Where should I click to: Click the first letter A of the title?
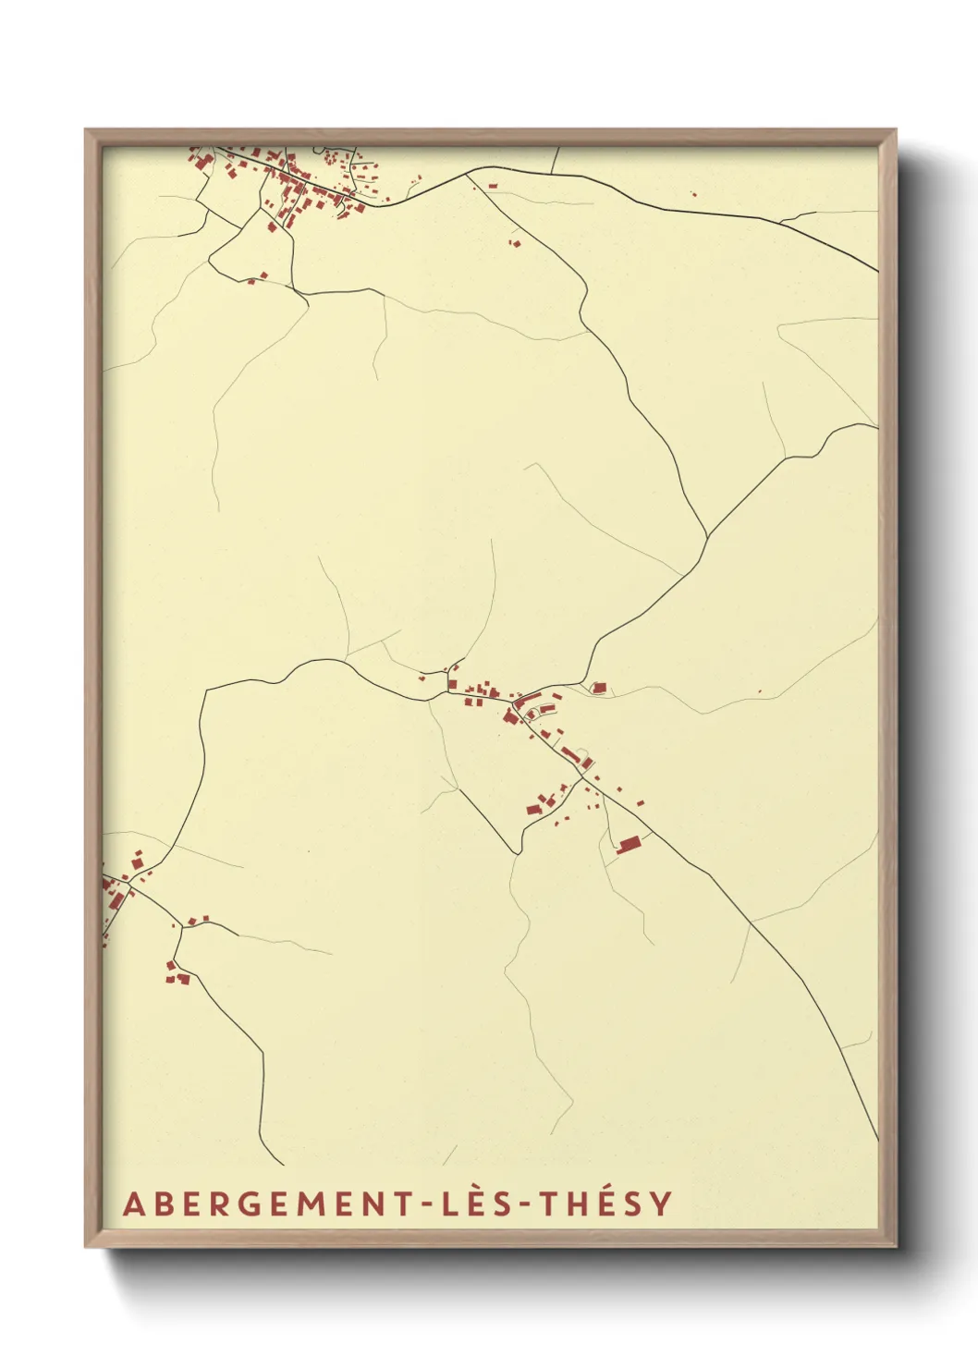pos(133,1204)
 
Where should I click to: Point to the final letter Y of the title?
pos(660,1204)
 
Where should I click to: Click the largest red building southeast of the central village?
pos(630,845)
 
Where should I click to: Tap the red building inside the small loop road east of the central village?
pos(599,687)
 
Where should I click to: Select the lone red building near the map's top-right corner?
pos(693,193)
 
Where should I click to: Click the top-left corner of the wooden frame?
pos(86,130)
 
